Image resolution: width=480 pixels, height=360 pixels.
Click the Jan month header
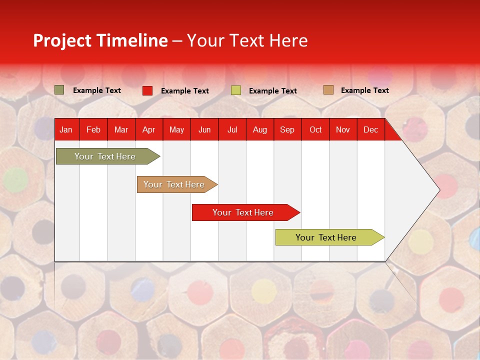66,129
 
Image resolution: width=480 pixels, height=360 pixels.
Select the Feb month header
93,129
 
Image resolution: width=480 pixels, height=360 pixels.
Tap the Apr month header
148,129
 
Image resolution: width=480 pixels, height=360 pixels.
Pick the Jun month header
204,129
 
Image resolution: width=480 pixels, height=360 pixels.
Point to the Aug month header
259,129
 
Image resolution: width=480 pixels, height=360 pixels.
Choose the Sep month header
287,129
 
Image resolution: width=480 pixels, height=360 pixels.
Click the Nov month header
342,129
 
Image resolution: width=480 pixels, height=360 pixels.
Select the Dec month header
370,129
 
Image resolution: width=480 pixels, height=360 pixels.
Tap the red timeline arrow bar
243,212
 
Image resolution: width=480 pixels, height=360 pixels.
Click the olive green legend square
59,90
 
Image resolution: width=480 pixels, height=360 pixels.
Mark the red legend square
147,90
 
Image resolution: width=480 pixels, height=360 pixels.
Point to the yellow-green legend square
236,90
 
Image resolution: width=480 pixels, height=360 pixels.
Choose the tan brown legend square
328,90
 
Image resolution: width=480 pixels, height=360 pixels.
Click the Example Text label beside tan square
364,90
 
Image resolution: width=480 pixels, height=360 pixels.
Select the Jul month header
232,129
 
